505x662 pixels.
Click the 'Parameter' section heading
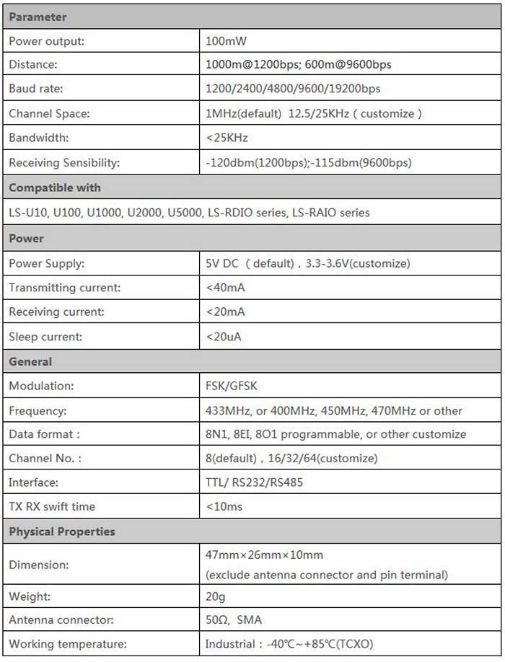[x=38, y=17]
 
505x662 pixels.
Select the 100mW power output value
[x=226, y=41]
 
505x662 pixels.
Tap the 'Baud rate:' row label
[x=35, y=89]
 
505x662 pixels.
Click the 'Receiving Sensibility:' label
[x=64, y=162]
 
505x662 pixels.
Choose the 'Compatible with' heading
[x=55, y=187]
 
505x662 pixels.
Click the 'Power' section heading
[x=26, y=238]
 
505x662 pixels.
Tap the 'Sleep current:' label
[x=45, y=337]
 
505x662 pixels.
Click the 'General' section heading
[x=30, y=361]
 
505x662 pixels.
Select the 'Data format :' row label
[x=44, y=434]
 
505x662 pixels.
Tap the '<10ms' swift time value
[x=224, y=506]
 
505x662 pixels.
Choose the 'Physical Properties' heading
[x=62, y=531]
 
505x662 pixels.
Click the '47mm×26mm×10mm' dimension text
[x=264, y=555]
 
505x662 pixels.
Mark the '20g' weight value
[x=216, y=596]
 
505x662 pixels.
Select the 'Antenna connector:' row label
[x=61, y=620]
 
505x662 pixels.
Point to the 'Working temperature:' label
[x=68, y=644]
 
